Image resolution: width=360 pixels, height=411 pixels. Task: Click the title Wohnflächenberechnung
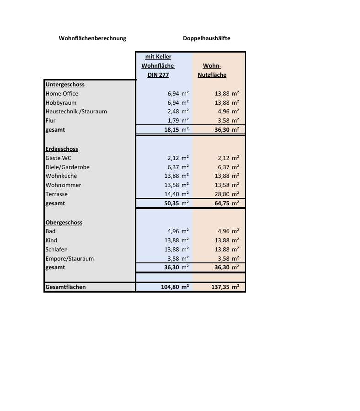click(x=92, y=38)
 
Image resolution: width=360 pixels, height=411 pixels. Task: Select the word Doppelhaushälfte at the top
click(x=206, y=38)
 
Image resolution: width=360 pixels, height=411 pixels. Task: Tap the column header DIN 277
click(x=158, y=75)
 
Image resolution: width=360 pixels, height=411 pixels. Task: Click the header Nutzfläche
click(x=212, y=75)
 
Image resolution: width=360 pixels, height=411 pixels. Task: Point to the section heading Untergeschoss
click(x=65, y=85)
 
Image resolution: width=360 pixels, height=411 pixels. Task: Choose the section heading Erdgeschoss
click(x=62, y=149)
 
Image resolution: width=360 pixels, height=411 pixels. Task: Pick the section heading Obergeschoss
click(x=64, y=223)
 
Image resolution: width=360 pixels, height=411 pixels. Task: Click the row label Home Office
click(x=62, y=94)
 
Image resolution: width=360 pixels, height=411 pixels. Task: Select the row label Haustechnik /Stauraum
click(x=76, y=112)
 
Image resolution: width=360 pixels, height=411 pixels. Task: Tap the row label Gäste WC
click(x=59, y=158)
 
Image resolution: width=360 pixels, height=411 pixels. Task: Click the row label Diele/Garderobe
click(x=67, y=167)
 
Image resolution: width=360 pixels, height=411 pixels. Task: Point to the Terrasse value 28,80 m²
click(x=226, y=194)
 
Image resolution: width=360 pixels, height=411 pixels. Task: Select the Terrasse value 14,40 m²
click(x=176, y=194)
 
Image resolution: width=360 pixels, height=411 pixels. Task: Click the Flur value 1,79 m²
click(x=177, y=121)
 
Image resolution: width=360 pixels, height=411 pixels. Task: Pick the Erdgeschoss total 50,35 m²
click(x=176, y=203)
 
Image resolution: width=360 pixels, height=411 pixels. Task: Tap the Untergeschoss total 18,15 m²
click(x=176, y=130)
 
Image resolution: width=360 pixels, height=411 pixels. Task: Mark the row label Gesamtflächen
click(x=65, y=288)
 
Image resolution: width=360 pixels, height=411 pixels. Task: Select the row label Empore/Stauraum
click(x=70, y=259)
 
